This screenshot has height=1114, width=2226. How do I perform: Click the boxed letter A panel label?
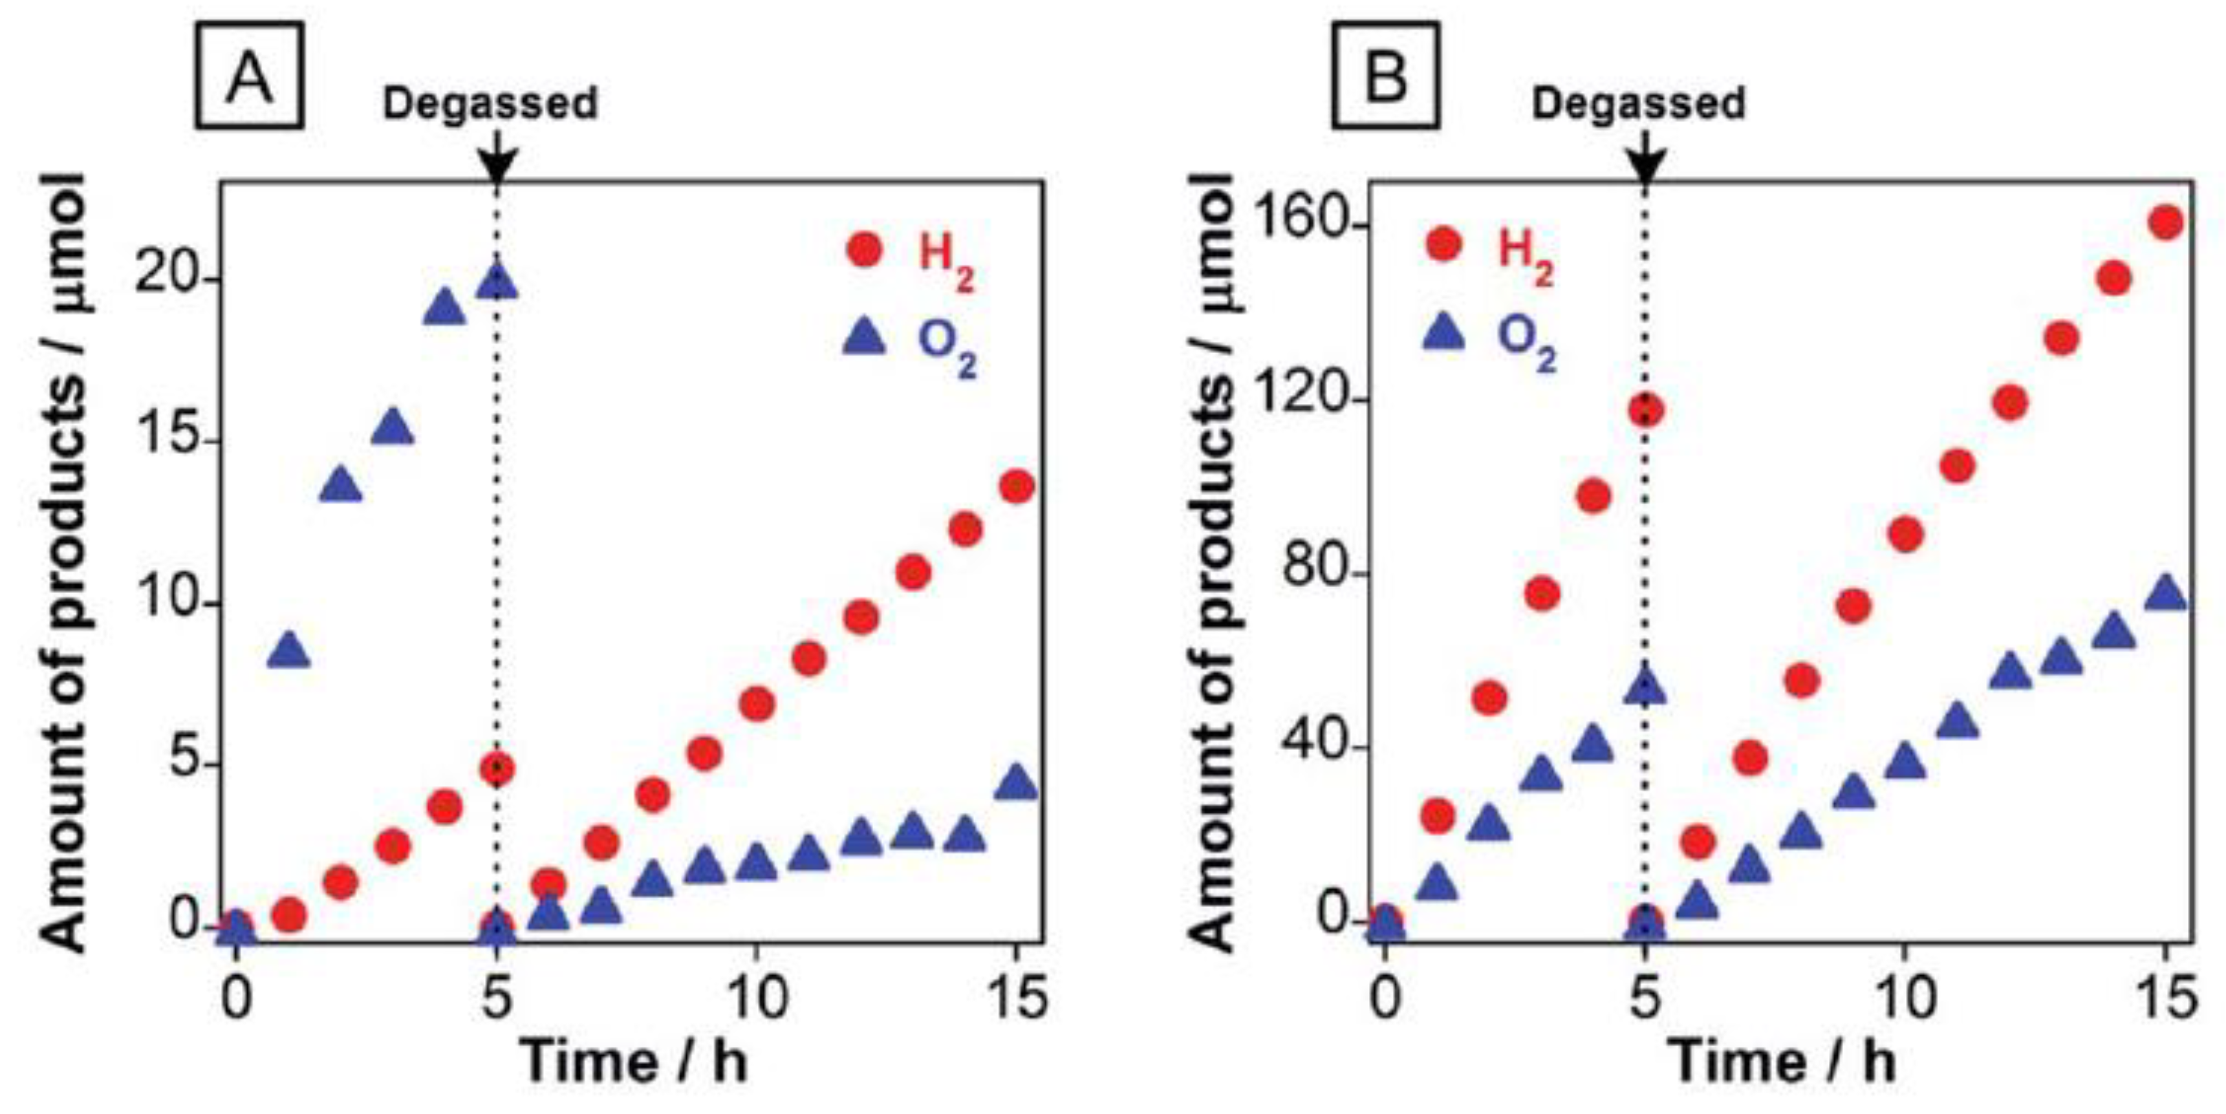249,76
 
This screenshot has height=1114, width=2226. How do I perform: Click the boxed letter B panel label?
1385,76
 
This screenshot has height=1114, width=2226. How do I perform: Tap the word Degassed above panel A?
490,103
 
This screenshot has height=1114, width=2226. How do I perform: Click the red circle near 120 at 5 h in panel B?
1645,411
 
